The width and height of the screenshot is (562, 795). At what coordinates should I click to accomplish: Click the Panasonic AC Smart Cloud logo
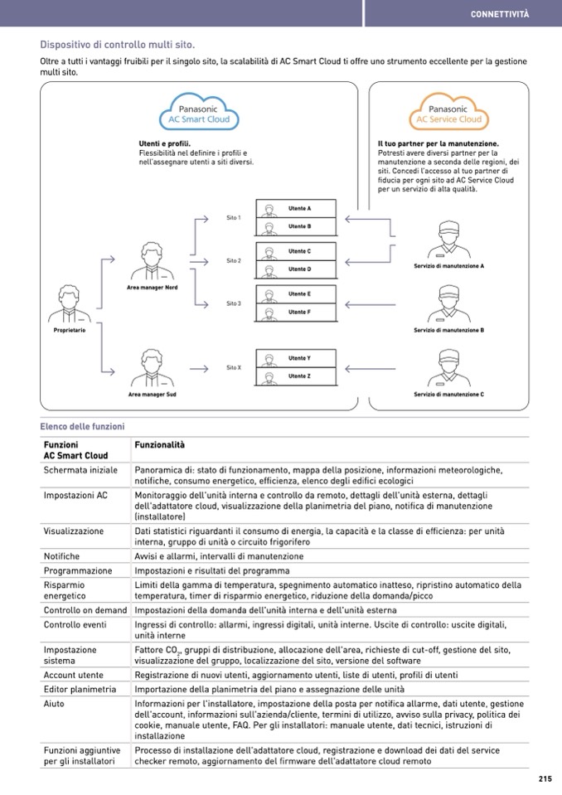(198, 114)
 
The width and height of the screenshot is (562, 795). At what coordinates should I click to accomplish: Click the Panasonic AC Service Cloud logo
(448, 114)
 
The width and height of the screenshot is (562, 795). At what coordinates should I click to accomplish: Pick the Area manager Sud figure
(153, 368)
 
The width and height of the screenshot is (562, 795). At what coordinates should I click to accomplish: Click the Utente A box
(297, 207)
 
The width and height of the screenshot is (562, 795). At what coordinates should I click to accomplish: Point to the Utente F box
(297, 312)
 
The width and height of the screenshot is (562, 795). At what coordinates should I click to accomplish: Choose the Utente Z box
(297, 376)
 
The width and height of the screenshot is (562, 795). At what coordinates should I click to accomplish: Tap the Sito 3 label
(233, 304)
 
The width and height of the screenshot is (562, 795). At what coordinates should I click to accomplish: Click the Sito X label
(233, 367)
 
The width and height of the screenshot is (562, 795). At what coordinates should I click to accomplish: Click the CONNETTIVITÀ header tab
(499, 13)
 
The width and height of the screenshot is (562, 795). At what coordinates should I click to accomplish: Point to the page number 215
(545, 778)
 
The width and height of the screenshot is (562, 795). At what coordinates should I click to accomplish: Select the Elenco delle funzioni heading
(82, 427)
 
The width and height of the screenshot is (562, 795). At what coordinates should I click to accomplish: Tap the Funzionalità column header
(159, 445)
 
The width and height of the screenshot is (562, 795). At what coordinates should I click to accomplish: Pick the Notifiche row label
(62, 556)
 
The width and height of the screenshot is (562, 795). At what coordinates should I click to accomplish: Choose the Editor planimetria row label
(80, 689)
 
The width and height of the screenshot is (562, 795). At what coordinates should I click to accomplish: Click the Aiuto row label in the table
(54, 703)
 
